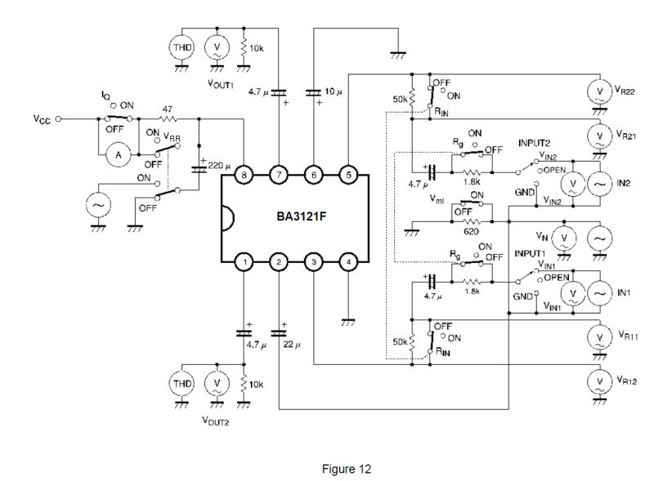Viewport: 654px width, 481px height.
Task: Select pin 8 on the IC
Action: [x=244, y=175]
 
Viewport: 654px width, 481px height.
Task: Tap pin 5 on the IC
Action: [x=347, y=175]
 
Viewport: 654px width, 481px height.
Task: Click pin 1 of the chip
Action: [x=244, y=262]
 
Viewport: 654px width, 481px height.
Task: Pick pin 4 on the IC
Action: [x=347, y=262]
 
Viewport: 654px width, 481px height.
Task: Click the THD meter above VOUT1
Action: [x=181, y=47]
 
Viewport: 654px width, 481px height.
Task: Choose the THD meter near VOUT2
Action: [x=181, y=383]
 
